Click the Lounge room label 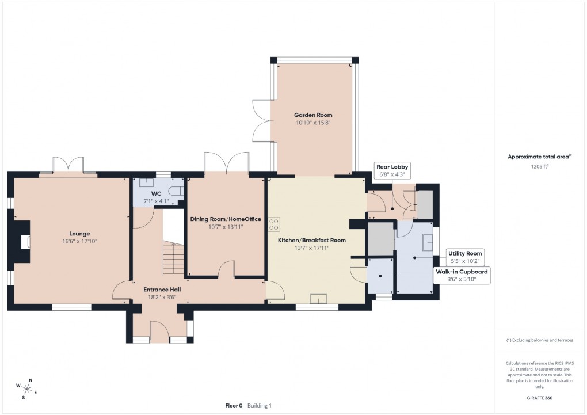(x=79, y=234)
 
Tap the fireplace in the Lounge (x=24, y=242)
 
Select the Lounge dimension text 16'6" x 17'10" (x=79, y=242)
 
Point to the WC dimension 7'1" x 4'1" (x=156, y=201)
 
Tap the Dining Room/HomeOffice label (x=226, y=219)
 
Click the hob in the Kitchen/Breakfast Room (x=273, y=223)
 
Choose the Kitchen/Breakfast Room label (x=311, y=240)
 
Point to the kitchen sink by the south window (x=318, y=298)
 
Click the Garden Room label (x=314, y=115)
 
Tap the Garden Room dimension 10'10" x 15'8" (x=314, y=123)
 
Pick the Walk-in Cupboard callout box (x=462, y=275)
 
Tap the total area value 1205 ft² (x=539, y=166)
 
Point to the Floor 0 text (x=234, y=406)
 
